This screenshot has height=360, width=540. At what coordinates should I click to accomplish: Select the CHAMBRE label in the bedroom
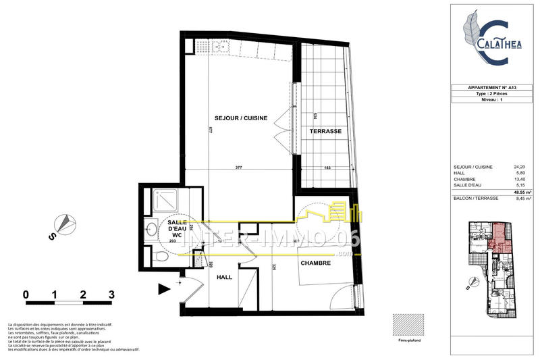click(315, 263)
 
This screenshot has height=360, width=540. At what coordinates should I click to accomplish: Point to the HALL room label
click(225, 277)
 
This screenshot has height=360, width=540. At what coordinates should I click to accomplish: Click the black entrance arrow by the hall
click(164, 288)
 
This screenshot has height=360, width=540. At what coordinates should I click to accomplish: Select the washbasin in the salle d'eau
click(152, 226)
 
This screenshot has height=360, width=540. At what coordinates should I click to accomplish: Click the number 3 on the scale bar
click(111, 294)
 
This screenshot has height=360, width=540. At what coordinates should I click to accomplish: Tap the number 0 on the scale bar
click(25, 294)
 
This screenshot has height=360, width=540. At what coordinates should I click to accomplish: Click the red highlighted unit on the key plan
click(500, 236)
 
